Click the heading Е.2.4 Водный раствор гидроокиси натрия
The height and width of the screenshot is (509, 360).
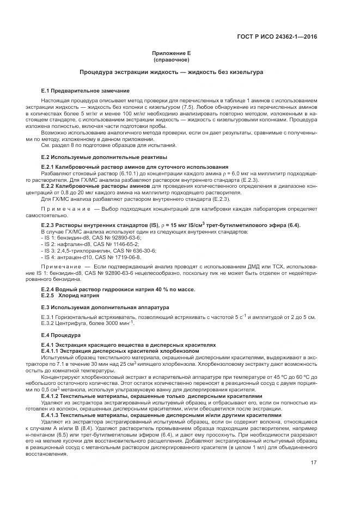(118, 289)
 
